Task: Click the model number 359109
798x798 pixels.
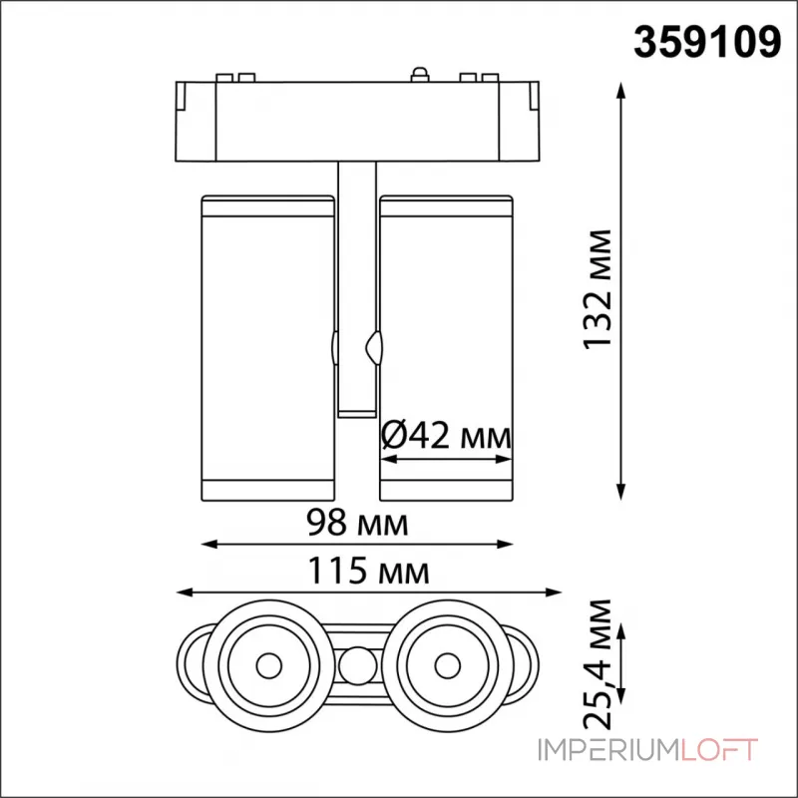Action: (707, 42)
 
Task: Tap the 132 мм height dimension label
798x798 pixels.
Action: (598, 289)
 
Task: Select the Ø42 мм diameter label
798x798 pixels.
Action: (446, 436)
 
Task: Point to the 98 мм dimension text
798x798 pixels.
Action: (358, 522)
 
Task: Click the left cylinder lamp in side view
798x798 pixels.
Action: (267, 344)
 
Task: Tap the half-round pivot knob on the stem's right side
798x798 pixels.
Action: (375, 346)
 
